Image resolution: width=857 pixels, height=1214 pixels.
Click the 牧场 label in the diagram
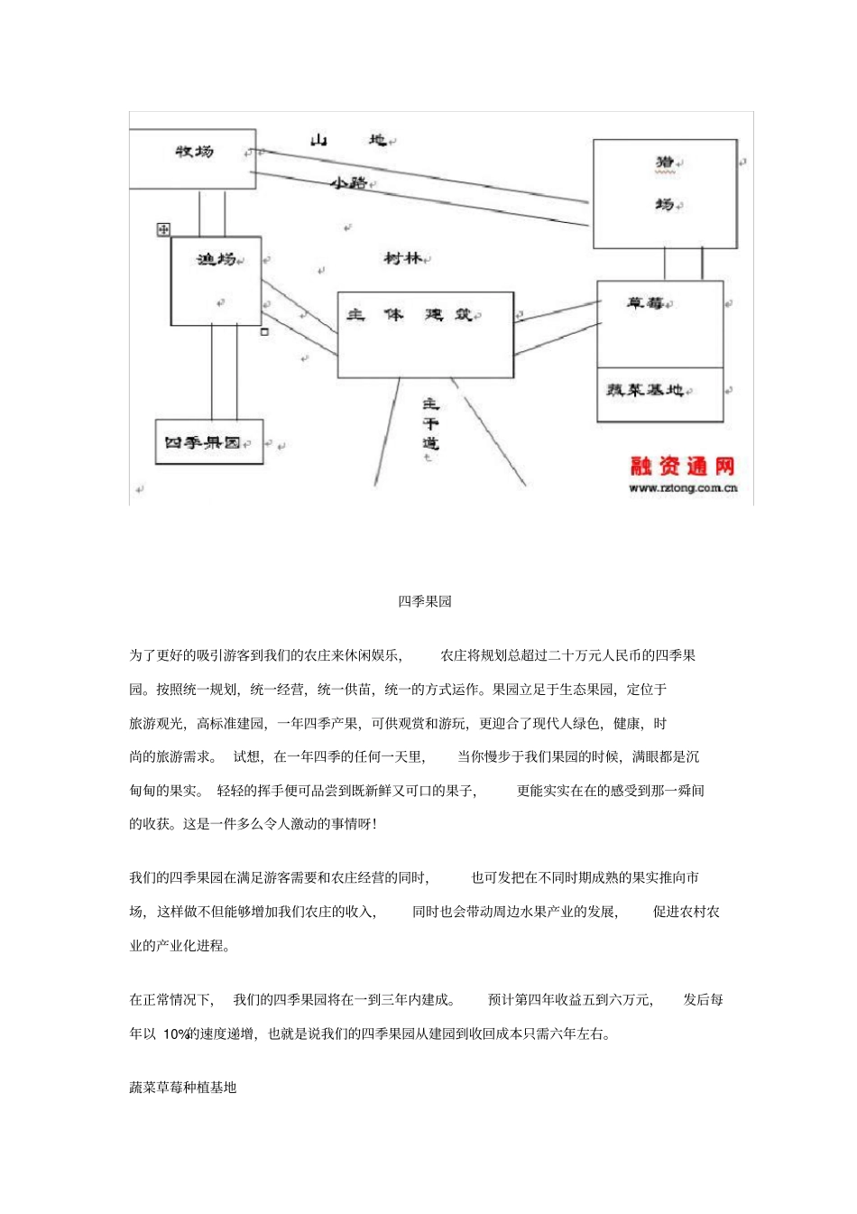pos(194,152)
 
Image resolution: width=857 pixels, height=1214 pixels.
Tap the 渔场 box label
pos(217,260)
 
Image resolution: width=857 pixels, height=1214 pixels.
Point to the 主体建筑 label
pos(412,315)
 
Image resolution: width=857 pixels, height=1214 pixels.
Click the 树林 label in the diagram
pos(402,258)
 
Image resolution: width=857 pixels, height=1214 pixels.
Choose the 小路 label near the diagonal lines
pos(348,183)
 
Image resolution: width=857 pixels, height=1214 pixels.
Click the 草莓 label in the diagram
pos(646,303)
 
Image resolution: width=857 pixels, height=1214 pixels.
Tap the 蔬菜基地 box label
pos(645,390)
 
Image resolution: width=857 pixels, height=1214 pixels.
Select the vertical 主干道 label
pos(430,424)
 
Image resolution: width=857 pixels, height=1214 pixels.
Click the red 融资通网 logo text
pos(682,466)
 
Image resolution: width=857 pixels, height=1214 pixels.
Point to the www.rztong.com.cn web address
pos(683,488)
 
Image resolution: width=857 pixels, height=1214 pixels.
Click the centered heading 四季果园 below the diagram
pos(425,601)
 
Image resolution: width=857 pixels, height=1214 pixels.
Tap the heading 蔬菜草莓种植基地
pos(183,1088)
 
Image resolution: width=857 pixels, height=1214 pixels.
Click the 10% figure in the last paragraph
pos(175,1034)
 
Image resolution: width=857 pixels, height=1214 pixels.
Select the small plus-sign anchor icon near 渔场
pos(163,230)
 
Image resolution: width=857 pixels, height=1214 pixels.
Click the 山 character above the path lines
pos(318,140)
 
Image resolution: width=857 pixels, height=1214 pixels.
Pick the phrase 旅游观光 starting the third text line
pos(156,724)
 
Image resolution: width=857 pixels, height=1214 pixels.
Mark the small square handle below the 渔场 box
pos(264,332)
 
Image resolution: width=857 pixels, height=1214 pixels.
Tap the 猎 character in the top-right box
pos(665,162)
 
